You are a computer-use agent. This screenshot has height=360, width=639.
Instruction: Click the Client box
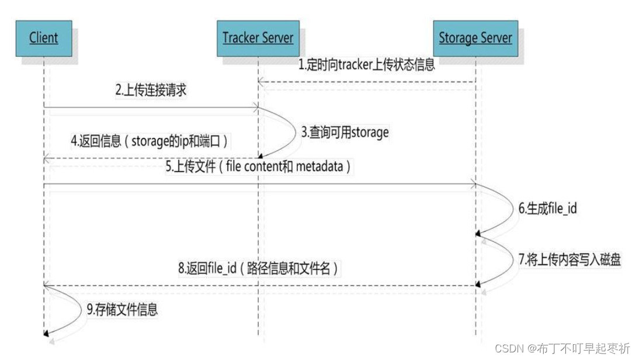coord(43,39)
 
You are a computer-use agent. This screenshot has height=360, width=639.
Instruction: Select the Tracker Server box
coord(258,39)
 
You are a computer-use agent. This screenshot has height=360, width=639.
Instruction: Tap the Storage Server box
coord(475,39)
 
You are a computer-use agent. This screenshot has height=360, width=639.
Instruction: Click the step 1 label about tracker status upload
coord(367,65)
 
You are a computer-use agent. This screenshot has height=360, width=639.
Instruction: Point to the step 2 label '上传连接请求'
coord(152,90)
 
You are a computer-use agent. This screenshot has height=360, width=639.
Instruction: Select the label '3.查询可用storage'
coord(345,132)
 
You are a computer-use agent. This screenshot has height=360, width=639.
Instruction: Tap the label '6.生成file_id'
coord(547,207)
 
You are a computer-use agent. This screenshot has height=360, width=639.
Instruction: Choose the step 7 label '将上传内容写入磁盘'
coord(569,260)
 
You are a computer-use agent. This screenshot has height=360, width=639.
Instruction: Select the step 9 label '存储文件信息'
coord(122,310)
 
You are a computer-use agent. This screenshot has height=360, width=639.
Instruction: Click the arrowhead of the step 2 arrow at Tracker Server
coord(255,107)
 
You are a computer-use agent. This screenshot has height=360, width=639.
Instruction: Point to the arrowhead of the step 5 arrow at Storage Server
coord(473,185)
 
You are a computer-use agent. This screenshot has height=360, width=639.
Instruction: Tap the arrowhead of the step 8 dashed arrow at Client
coord(47,285)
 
